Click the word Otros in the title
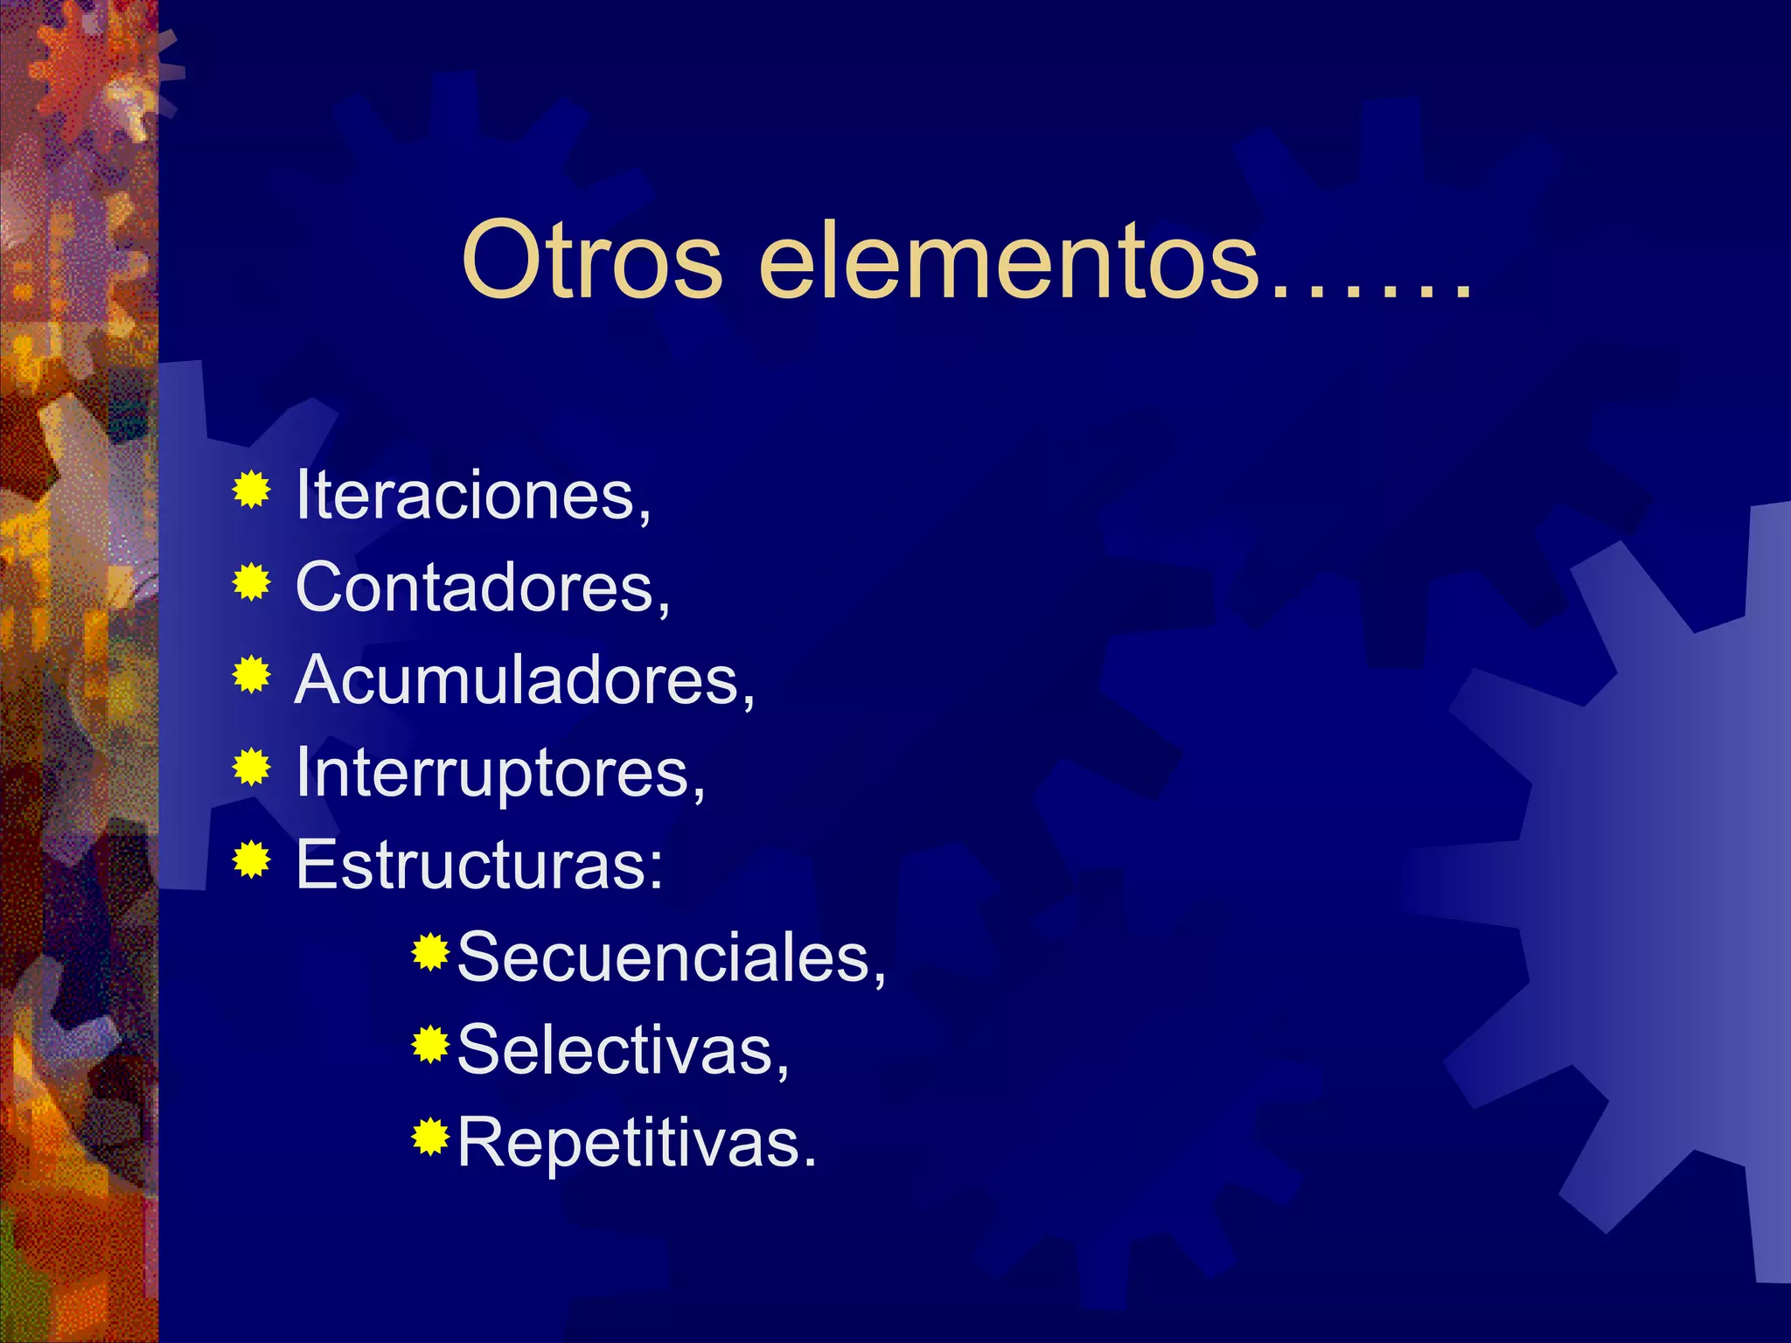point(592,261)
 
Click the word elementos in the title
point(1008,261)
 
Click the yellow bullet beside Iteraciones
point(252,490)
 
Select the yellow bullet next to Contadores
point(252,582)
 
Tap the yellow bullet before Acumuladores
point(252,675)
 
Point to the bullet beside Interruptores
point(252,768)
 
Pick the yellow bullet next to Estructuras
point(252,860)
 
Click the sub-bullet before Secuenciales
point(430,952)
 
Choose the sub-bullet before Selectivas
point(430,1045)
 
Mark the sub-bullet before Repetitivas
point(430,1137)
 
